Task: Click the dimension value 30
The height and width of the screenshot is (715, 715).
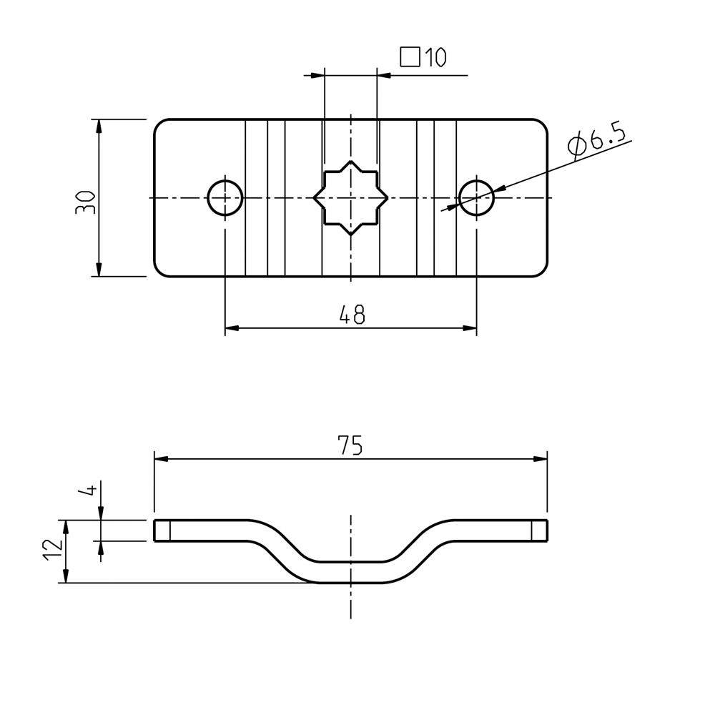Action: click(85, 203)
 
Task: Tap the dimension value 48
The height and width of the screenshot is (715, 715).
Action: click(352, 314)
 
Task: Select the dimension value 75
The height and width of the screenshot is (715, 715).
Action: click(350, 445)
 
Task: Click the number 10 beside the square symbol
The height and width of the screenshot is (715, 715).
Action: click(435, 57)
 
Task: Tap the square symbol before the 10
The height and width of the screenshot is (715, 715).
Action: click(410, 57)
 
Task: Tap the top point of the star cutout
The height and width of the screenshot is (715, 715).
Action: click(350, 161)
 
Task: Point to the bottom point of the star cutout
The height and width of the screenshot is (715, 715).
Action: click(350, 235)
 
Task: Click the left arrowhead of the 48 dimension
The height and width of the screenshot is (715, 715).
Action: click(232, 328)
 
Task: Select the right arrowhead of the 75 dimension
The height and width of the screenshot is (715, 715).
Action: click(541, 459)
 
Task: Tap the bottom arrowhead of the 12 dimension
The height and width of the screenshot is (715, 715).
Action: click(66, 576)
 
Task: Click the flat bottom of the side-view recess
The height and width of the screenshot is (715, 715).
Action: click(350, 582)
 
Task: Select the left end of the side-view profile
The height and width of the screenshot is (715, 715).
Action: click(154, 531)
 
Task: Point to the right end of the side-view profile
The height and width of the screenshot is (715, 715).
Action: click(547, 531)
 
